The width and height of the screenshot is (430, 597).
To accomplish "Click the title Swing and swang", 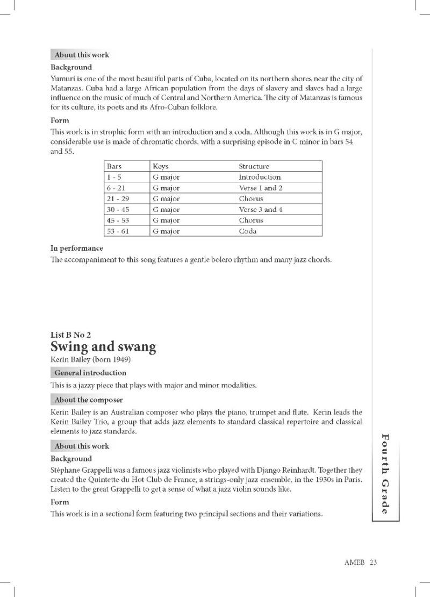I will pyautogui.click(x=103, y=347).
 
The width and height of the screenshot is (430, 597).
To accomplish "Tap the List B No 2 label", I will pyautogui.click(x=70, y=335).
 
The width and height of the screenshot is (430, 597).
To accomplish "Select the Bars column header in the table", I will pyautogui.click(x=114, y=166).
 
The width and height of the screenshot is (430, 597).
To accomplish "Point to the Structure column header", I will pyautogui.click(x=254, y=166).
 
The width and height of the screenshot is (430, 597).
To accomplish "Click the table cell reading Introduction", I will pyautogui.click(x=260, y=177).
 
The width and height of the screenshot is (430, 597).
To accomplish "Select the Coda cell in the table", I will pyautogui.click(x=248, y=231).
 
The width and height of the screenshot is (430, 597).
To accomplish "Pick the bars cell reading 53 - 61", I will pyautogui.click(x=118, y=231).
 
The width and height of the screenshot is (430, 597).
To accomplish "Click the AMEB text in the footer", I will pyautogui.click(x=355, y=562).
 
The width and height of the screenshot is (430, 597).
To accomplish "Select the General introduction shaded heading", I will pyautogui.click(x=90, y=373).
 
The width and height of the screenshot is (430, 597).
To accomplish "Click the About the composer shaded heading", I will pyautogui.click(x=88, y=400).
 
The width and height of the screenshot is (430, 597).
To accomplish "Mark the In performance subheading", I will pyautogui.click(x=76, y=248).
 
